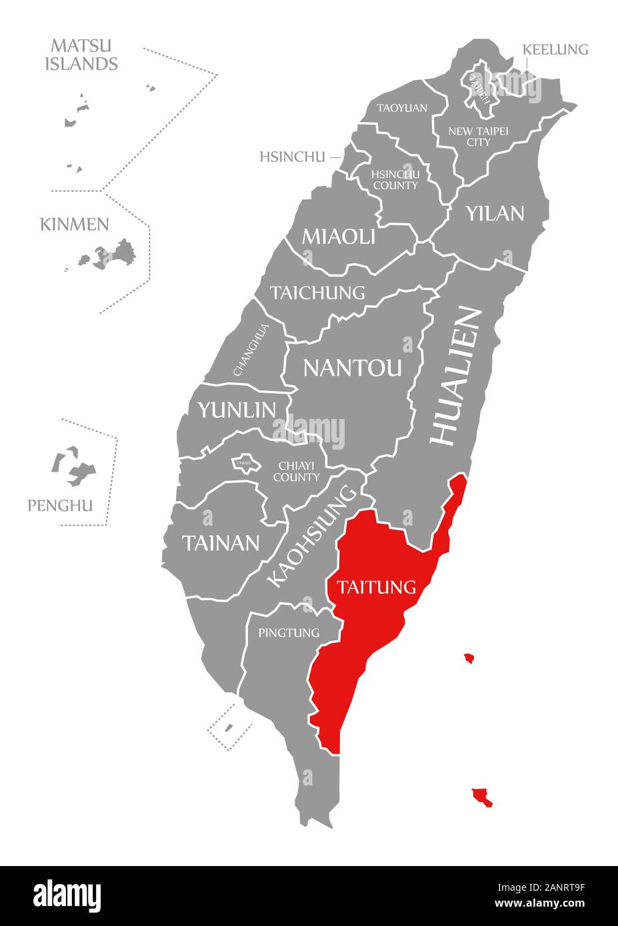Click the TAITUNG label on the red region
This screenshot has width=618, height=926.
click(x=377, y=587)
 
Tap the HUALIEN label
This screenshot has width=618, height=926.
click(x=455, y=376)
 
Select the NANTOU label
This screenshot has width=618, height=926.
click(x=353, y=367)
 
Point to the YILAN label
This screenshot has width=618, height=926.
click(x=495, y=213)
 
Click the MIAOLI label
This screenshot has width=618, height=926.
click(x=339, y=236)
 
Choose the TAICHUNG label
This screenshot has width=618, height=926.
click(x=317, y=292)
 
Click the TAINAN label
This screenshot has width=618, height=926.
click(x=221, y=543)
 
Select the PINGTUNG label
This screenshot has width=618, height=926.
click(x=289, y=632)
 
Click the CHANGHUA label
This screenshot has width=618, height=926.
click(x=251, y=349)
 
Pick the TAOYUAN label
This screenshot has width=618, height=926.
click(x=401, y=107)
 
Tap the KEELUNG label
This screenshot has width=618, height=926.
click(x=555, y=49)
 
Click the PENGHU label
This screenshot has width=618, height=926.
click(x=60, y=506)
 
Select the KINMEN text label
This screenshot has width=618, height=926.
click(x=74, y=224)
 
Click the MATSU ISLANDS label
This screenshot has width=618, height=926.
click(x=84, y=55)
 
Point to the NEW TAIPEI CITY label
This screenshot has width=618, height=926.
click(x=478, y=137)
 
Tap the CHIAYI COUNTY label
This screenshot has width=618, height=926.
click(x=296, y=471)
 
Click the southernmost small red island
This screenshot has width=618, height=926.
click(x=482, y=797)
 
